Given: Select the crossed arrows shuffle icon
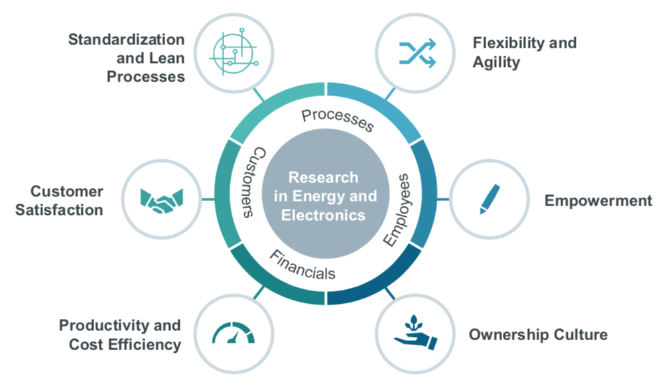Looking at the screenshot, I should tap(416, 53).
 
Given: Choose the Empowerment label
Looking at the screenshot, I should tap(598, 200).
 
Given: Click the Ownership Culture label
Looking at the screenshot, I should tap(537, 334).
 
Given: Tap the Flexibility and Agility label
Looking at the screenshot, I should tap(524, 52).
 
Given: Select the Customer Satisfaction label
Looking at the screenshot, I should tap(66, 200).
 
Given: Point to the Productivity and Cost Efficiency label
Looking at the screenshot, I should tap(120, 335).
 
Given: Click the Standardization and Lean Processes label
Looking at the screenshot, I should tap(127, 58).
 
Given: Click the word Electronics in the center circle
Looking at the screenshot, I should tap(323, 215).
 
